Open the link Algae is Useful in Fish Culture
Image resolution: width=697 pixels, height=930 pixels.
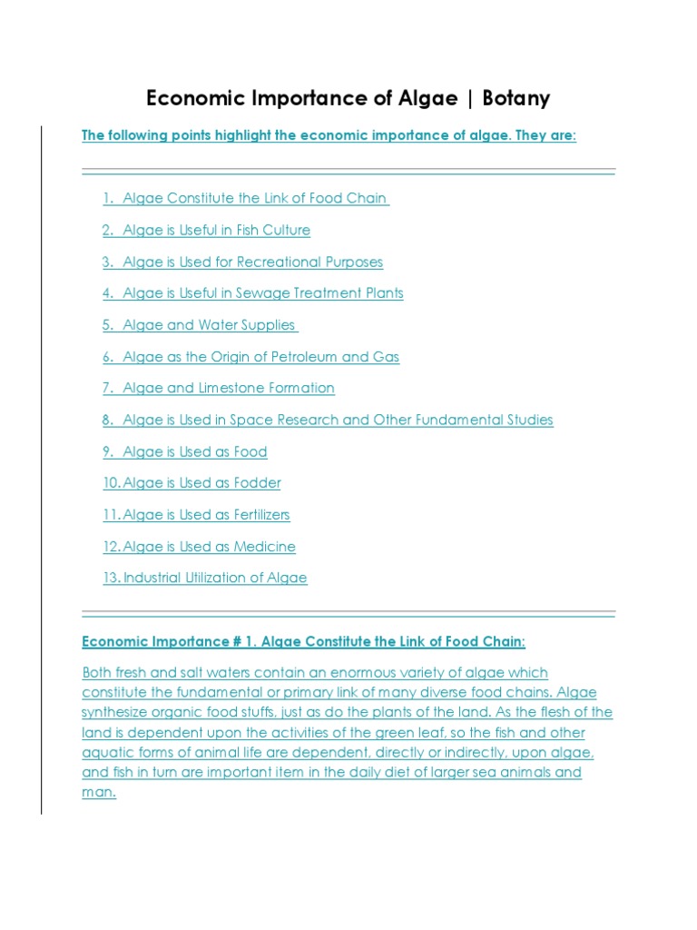click(x=216, y=230)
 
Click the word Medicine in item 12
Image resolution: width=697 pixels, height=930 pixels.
click(x=265, y=547)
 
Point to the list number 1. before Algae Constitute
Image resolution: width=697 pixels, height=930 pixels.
click(x=108, y=198)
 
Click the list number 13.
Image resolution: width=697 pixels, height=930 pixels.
click(x=112, y=578)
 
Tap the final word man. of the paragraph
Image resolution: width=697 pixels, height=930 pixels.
click(x=99, y=792)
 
